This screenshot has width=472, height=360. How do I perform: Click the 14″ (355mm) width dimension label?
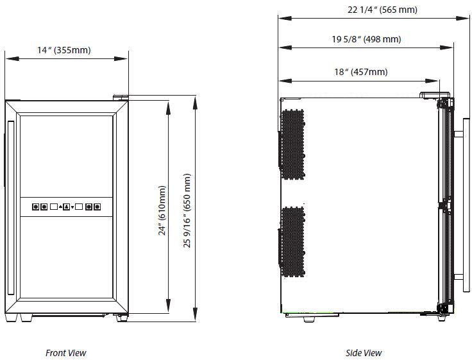(x=64, y=50)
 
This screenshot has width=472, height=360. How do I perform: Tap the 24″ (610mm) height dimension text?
(x=162, y=210)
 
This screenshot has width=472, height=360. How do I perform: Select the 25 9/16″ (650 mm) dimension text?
(x=187, y=210)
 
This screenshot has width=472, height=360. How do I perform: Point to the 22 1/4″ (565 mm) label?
(x=382, y=10)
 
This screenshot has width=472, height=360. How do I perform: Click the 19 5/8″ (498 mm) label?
(x=366, y=39)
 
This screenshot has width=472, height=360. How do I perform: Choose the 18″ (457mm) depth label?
(x=361, y=72)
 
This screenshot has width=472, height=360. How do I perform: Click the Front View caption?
(x=65, y=353)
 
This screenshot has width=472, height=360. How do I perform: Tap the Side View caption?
(x=364, y=353)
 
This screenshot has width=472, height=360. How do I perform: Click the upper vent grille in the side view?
(x=293, y=144)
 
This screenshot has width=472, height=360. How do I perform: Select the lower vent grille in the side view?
(x=293, y=242)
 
